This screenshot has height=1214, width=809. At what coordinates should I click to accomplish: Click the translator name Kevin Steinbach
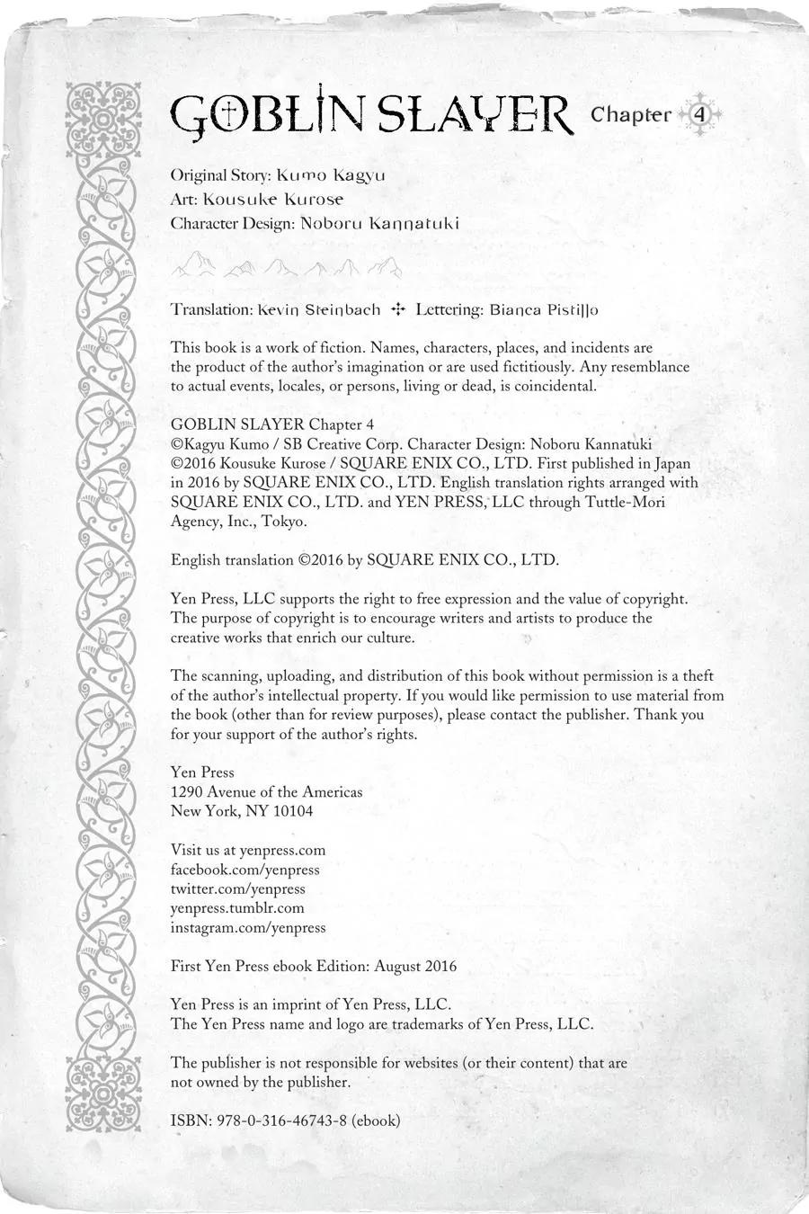pos(319,309)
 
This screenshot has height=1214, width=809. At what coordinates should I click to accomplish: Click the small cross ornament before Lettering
pos(398,309)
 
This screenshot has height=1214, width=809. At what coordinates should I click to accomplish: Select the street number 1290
pos(186,792)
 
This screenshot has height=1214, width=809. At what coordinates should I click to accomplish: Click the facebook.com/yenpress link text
pos(244,870)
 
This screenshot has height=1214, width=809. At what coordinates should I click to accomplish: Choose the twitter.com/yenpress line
pos(237,888)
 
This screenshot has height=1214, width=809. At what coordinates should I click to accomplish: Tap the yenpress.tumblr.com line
pos(237,908)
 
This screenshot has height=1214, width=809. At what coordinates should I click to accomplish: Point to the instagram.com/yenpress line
pos(248,927)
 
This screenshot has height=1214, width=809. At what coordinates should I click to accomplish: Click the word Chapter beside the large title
pos(631,115)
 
